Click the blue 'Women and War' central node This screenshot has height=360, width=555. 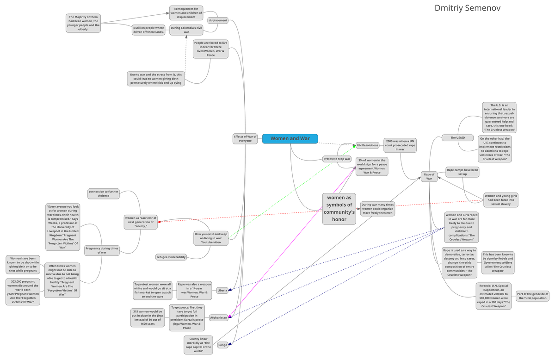290,138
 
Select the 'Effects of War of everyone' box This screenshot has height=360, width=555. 245,138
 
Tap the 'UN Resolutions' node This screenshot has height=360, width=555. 368,145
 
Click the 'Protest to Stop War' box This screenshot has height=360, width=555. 337,159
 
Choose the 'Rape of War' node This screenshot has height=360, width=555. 429,176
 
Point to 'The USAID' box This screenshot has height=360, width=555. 457,137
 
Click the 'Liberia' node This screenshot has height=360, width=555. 222,291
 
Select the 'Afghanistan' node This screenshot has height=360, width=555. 219,318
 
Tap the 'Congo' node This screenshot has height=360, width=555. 222,345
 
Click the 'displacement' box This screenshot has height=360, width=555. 218,20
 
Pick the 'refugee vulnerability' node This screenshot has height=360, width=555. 171,257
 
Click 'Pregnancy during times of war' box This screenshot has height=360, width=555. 102,250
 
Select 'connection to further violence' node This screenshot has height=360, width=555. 104,193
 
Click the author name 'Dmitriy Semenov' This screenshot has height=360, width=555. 467,8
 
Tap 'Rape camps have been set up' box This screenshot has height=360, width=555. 462,172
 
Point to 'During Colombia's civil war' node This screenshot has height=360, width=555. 186,30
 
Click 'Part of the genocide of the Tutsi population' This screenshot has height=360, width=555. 532,296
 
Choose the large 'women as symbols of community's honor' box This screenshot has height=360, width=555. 339,209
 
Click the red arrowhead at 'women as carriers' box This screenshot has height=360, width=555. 160,222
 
